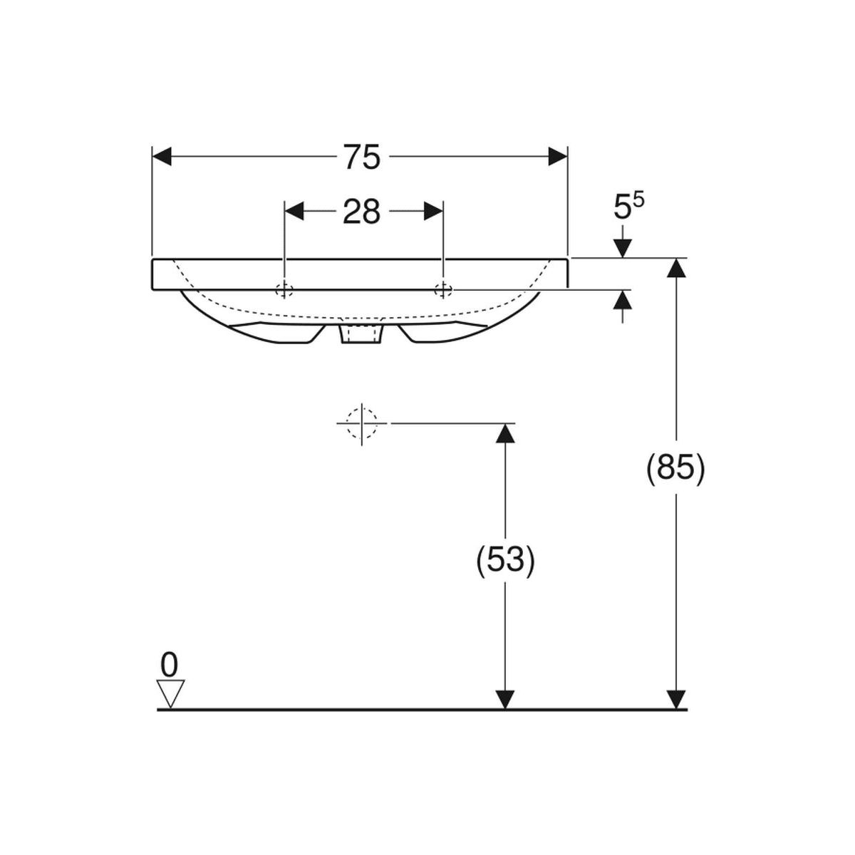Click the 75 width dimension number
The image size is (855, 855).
click(x=362, y=157)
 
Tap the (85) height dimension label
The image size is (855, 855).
click(x=675, y=469)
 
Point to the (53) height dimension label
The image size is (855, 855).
click(x=505, y=561)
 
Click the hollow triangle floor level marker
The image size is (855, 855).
click(x=171, y=693)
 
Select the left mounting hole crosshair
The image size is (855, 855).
click(x=284, y=290)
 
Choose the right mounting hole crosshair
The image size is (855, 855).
click(x=443, y=290)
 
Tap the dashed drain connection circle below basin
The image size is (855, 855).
click(x=362, y=423)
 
